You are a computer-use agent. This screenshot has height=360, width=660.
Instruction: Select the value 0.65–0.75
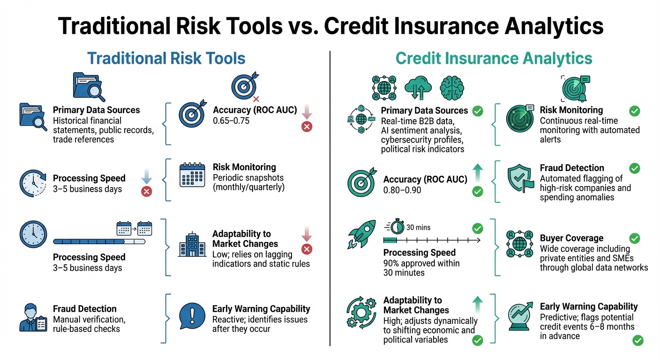point(231,120)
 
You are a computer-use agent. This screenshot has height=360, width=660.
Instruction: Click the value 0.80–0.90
point(402,190)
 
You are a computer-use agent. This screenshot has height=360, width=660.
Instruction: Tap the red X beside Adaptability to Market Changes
point(307,249)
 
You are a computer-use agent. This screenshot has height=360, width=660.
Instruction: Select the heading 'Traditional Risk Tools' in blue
point(166,59)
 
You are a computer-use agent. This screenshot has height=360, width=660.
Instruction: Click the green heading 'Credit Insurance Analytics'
point(494,59)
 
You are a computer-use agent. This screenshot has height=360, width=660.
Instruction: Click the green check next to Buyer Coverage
point(634,238)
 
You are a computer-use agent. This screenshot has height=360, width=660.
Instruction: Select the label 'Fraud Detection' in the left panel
point(84,308)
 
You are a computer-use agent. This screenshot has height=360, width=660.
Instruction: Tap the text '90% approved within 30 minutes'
point(421,268)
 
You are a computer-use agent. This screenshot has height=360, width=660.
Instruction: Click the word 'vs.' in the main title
point(300,26)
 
